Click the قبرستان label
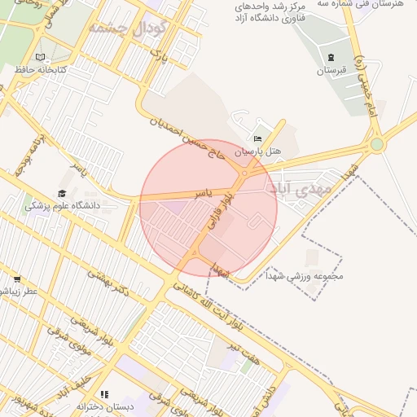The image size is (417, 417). click(x=331, y=71)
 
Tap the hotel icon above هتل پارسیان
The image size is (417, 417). click(x=258, y=139)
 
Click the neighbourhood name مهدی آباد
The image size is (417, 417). click(x=300, y=188)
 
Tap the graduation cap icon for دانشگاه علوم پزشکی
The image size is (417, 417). click(x=62, y=193)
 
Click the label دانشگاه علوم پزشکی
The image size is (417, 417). click(x=62, y=205)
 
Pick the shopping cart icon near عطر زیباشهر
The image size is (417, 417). click(x=16, y=279)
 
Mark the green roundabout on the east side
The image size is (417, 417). click(x=376, y=145)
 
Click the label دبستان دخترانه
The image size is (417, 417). click(x=103, y=406)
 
